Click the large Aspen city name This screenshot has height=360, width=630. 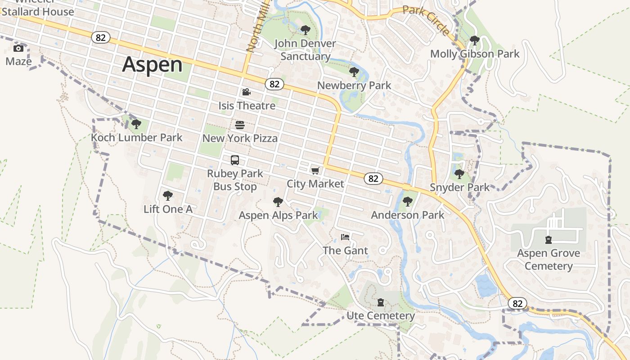coord(153,64)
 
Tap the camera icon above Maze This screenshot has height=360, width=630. coord(18,49)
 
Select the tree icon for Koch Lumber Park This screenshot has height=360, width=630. coord(136,124)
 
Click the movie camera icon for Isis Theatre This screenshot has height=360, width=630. coord(246,92)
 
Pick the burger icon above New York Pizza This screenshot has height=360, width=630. coord(240,125)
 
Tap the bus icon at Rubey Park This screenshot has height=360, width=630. coord(235,160)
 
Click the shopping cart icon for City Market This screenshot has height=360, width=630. coord(315,171)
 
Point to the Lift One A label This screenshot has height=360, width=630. coord(168,209)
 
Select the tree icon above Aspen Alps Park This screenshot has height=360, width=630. coord(278,202)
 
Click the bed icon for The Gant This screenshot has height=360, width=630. coord(345,237)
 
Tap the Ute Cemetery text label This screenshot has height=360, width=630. coord(380,316)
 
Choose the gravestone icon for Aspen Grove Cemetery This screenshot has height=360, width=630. coord(548,240)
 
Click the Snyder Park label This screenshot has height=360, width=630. coord(459,187)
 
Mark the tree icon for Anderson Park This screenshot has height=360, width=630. coord(407,202)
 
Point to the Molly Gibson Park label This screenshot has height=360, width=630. coord(475,54)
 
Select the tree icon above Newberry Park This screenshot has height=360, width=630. coord(354,72)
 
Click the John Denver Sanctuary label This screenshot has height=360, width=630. coord(305,50)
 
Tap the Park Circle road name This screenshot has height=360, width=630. coord(426,20)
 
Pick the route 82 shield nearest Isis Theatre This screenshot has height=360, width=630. coord(274,84)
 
